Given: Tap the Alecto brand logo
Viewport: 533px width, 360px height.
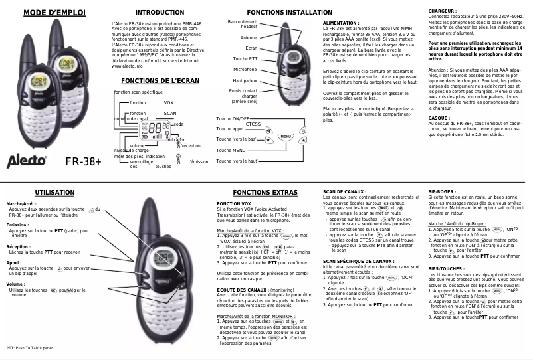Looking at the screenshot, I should coord(27,161).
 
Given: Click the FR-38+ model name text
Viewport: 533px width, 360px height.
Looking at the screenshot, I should coord(83,162).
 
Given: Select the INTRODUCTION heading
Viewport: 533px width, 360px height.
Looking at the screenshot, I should coord(160,13).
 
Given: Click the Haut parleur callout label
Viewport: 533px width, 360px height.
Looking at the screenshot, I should coord(245,80).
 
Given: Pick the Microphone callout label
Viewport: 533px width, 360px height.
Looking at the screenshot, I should coord(245,69).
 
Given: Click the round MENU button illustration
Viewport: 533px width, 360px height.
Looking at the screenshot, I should coord(285,137).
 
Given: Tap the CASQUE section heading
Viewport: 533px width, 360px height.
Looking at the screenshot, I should coord(439,118).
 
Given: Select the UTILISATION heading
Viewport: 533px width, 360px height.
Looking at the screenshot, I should coord(54,192).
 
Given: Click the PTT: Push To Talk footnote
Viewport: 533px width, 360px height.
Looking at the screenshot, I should coord(29,347).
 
